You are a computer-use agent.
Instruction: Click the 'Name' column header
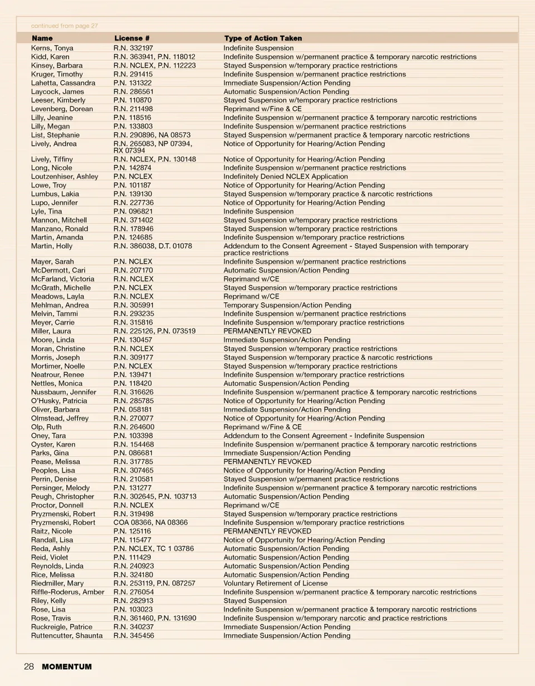point(42,38)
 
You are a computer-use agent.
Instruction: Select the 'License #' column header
point(132,38)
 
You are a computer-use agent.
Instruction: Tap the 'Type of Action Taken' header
point(263,38)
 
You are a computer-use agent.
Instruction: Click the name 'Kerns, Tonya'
point(52,48)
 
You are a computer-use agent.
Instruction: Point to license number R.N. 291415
point(133,74)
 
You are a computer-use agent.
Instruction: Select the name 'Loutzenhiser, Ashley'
point(65,177)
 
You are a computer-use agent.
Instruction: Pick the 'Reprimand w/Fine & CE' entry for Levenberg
point(262,109)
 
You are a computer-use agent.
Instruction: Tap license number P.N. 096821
point(133,212)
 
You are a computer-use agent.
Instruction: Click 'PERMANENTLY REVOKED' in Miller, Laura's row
point(267,331)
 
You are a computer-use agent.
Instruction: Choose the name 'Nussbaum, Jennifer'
point(64,392)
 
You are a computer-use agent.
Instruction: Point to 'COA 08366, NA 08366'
point(150,522)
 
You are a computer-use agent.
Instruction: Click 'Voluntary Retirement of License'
point(275,584)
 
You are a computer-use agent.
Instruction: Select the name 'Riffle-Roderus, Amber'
point(67,592)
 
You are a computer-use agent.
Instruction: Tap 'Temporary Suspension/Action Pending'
point(287,305)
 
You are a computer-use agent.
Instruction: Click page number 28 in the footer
point(29,667)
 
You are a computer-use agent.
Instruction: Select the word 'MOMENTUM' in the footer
point(67,667)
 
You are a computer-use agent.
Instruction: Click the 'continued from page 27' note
point(64,26)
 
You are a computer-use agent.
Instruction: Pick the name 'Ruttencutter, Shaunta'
point(67,635)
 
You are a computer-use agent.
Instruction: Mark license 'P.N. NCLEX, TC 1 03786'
point(154,548)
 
